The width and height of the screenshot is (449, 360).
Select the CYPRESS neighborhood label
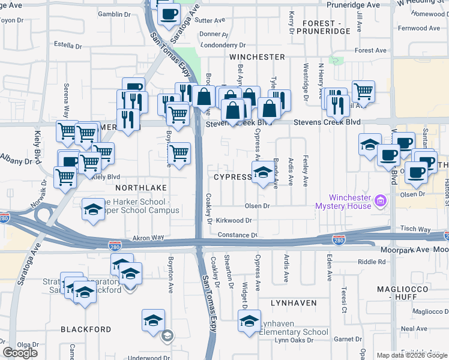[232, 178]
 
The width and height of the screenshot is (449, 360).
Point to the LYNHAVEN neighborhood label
[294, 303]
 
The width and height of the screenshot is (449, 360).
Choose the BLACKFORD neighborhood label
[86, 329]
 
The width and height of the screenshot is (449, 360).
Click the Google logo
[20, 353]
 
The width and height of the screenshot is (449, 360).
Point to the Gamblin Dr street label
[114, 13]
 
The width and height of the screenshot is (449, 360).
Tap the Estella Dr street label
[68, 45]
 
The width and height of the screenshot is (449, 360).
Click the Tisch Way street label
[417, 229]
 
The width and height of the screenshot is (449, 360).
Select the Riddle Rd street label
[372, 262]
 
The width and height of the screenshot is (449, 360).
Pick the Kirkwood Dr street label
[234, 221]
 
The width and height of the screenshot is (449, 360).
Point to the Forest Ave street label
[371, 51]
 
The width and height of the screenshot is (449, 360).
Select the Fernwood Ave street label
[419, 28]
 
